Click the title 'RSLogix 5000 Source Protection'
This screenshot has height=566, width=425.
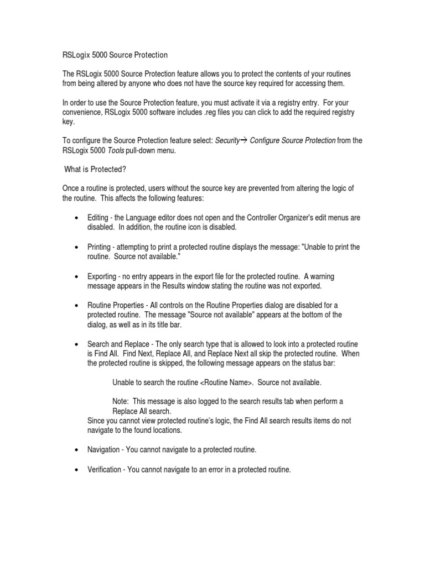115,55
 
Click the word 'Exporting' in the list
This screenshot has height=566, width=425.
101,276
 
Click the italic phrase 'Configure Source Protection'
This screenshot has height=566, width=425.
293,140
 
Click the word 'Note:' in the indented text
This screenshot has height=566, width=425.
121,402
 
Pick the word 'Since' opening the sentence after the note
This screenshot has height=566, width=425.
96,421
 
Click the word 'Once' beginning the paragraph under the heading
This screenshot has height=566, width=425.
70,188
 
